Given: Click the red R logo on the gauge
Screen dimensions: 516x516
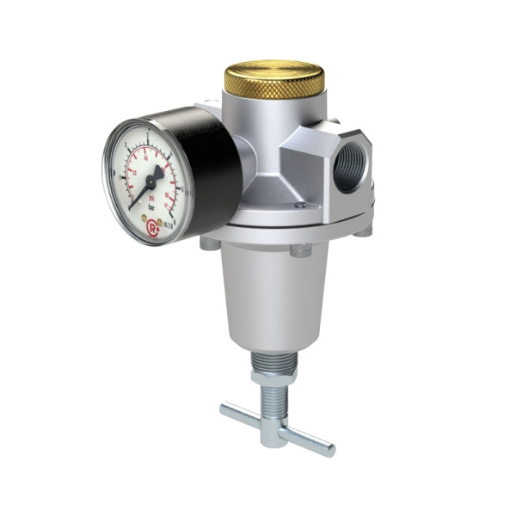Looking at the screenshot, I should tap(151, 227).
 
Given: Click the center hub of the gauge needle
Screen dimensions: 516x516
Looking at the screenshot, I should tap(150, 182).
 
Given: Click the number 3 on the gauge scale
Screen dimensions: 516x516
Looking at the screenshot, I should tap(148, 135).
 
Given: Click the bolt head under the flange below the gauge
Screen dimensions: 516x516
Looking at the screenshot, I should tap(210, 243).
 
